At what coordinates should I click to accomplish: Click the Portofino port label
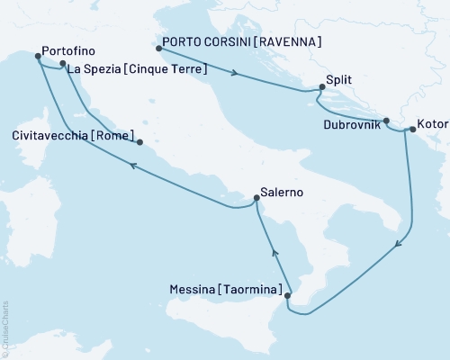coord(68,52)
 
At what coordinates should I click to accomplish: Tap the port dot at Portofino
coord(38,56)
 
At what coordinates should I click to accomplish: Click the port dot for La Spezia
coord(62,64)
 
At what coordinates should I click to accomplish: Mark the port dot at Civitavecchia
coord(139,141)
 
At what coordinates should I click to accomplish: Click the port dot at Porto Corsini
coord(159,48)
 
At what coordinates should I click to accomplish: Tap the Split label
coord(340,80)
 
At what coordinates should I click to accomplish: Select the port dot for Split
coord(320,87)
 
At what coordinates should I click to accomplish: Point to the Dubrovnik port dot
coord(386,121)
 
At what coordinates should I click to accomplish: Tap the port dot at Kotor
coord(412,130)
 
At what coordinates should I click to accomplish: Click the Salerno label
coord(280,192)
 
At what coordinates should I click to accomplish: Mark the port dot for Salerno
coord(254,201)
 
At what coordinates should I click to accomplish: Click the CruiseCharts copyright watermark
coord(6,328)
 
